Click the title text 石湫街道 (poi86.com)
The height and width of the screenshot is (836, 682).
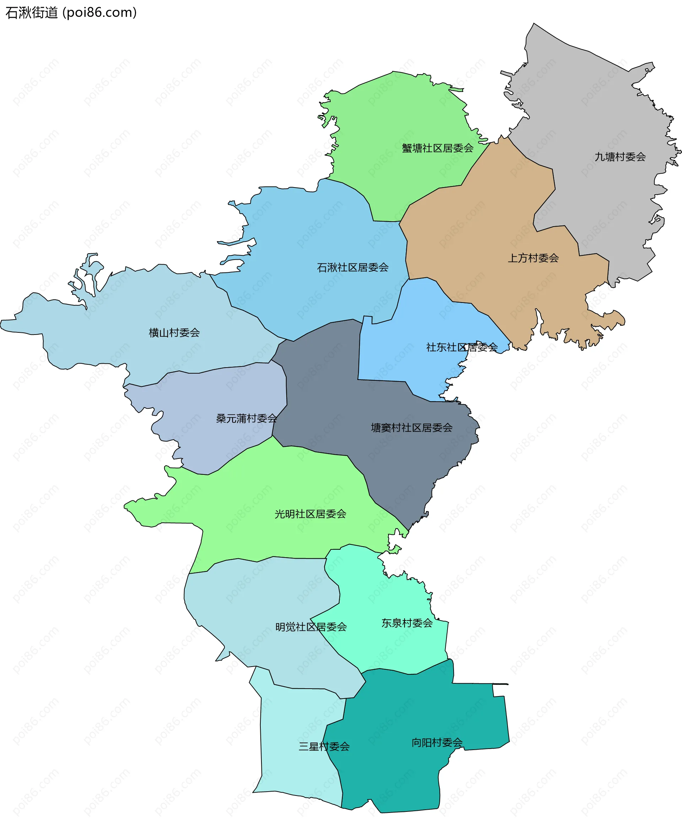tap(71, 12)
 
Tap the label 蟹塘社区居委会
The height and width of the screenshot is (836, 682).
tap(437, 148)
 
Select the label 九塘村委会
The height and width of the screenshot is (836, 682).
tap(620, 157)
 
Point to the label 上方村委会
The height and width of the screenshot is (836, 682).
tap(533, 258)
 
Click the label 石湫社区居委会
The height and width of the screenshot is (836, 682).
tap(352, 267)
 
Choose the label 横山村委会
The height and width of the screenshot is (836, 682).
tap(174, 333)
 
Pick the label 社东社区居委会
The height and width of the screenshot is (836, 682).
tap(462, 347)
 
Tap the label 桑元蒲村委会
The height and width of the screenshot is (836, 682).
tap(246, 418)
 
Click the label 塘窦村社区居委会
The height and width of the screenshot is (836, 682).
tap(411, 428)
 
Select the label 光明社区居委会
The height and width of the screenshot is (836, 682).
tap(310, 514)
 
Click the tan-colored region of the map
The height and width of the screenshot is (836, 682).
tap(491, 220)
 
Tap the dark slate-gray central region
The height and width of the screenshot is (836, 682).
tap(322, 385)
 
